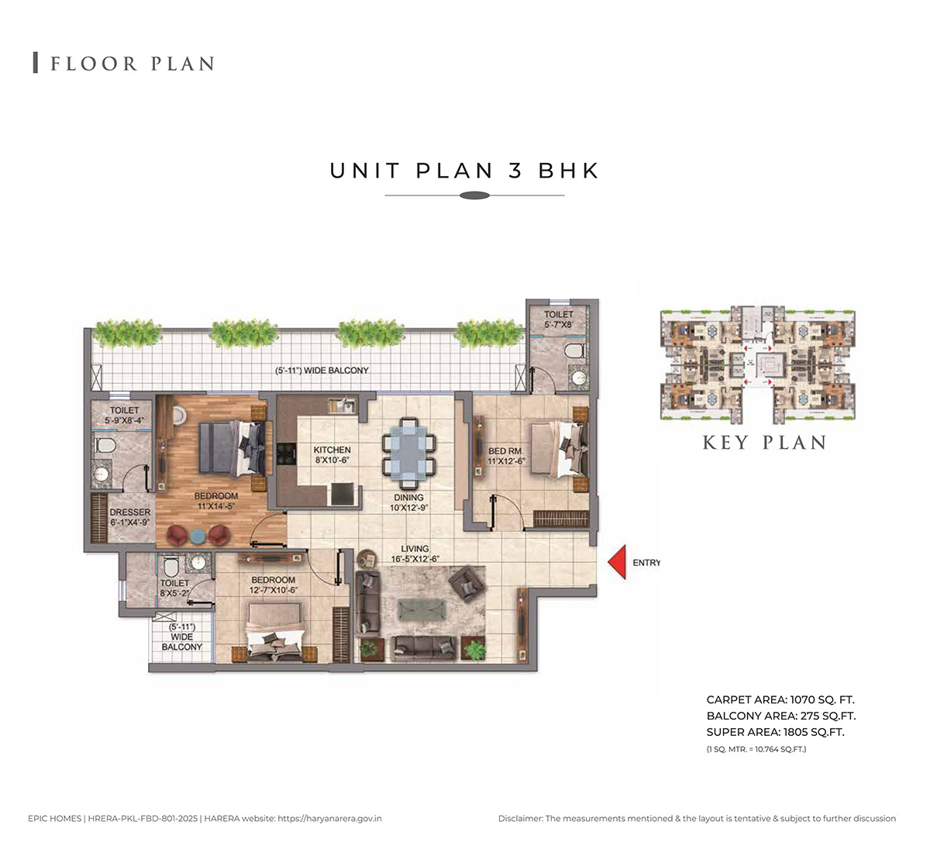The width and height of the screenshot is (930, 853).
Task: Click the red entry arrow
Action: (x=617, y=562)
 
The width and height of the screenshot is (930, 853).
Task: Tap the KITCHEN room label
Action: (x=332, y=450)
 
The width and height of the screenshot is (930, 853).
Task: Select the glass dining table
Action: (x=409, y=453)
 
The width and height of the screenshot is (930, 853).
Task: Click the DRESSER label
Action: (x=129, y=512)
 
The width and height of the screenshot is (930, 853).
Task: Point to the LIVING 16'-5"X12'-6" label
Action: (x=415, y=554)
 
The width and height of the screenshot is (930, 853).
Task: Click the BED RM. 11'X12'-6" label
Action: (x=506, y=456)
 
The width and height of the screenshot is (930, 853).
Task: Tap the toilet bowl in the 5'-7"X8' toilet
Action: (x=574, y=351)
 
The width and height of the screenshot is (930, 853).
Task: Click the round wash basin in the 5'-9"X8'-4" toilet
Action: (x=101, y=475)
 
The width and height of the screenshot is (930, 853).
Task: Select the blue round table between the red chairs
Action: (x=198, y=536)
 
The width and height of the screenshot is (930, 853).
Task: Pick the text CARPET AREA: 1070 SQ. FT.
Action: (x=780, y=699)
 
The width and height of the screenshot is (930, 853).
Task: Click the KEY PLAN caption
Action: (x=764, y=442)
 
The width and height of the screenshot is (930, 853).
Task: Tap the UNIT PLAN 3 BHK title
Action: (x=464, y=171)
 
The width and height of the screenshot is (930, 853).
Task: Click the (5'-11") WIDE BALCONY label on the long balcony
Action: (x=322, y=371)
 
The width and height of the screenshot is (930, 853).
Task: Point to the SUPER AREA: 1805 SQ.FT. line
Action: (x=775, y=732)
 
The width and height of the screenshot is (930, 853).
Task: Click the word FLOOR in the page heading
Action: (x=94, y=64)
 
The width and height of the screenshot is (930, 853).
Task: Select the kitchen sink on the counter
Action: (x=341, y=406)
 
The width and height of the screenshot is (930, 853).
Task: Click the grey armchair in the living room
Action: (x=466, y=583)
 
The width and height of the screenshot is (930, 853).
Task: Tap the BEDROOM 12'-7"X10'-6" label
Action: (x=273, y=585)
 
